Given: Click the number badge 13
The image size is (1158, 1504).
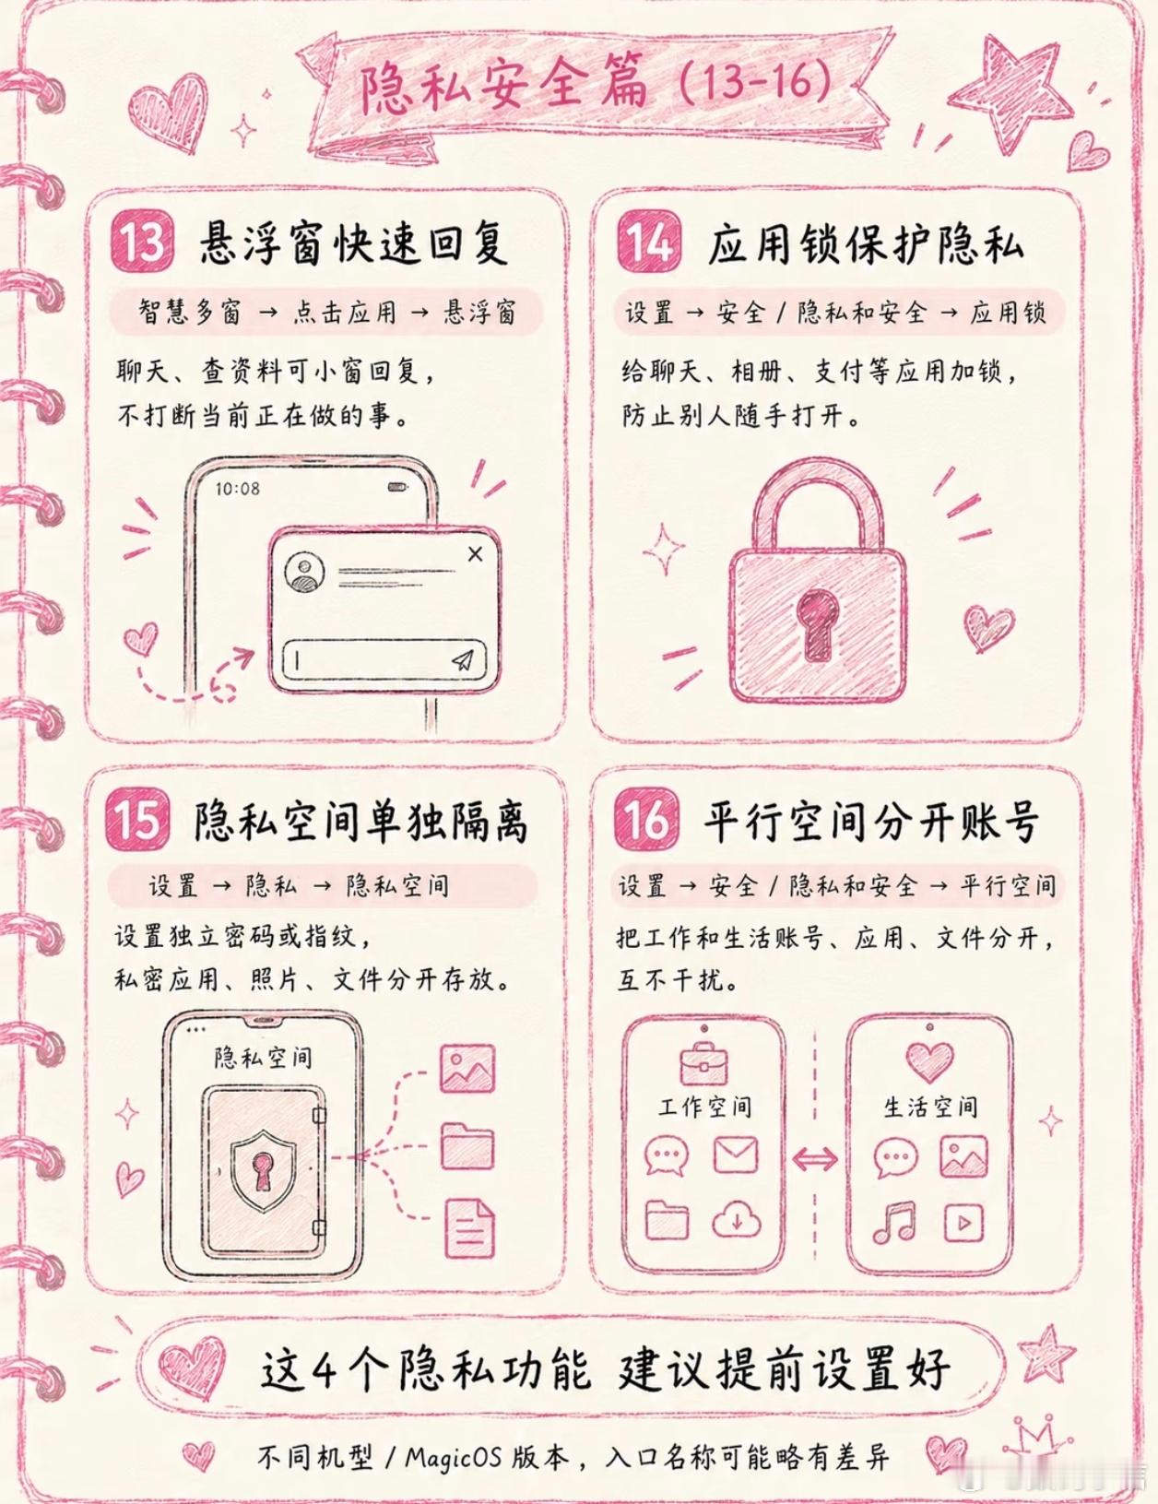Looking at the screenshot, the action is click(x=142, y=243).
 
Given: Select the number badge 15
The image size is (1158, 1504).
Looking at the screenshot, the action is click(x=137, y=820).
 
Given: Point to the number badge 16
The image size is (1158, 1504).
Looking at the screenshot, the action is click(x=644, y=820).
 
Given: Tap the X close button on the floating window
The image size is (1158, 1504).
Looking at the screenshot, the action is click(x=475, y=553).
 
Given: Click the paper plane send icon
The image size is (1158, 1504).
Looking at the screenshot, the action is click(x=463, y=660).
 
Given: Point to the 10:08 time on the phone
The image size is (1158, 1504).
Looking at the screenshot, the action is click(x=237, y=490).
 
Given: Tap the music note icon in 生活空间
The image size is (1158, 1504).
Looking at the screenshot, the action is click(x=894, y=1223).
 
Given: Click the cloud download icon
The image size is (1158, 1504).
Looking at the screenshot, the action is click(x=736, y=1221).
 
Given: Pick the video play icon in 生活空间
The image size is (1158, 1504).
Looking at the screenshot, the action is click(x=963, y=1223).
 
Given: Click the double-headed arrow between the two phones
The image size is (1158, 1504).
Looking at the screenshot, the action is click(x=815, y=1158).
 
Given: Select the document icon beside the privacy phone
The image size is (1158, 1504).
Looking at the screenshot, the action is click(x=469, y=1227).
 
